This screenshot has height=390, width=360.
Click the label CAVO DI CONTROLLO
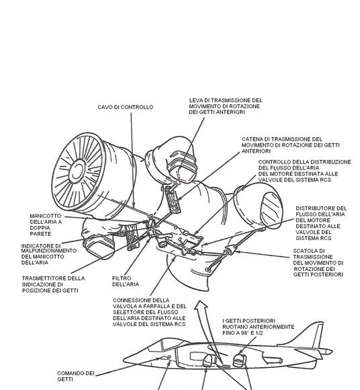point(125,107)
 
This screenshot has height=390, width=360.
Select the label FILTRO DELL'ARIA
point(126,280)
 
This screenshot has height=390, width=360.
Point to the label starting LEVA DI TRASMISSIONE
point(225,106)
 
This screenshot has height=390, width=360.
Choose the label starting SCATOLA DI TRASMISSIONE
point(318,263)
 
